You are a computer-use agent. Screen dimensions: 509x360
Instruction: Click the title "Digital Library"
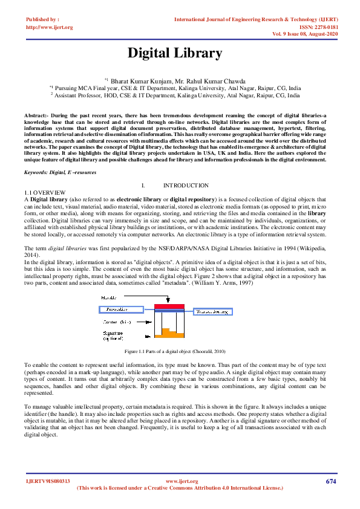tap(174, 53)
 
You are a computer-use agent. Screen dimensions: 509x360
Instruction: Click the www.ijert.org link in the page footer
tap(182, 481)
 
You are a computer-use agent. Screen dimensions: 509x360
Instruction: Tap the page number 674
tap(330, 481)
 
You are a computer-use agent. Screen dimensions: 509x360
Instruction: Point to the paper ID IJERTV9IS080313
tap(48, 481)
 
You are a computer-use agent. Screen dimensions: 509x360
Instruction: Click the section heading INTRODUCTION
tap(186, 185)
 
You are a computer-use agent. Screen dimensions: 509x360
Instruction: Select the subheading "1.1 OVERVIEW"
tap(41, 192)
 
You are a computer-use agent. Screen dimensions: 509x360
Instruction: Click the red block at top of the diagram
tap(169, 306)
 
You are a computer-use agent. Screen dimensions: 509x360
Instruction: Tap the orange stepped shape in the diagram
tap(169, 332)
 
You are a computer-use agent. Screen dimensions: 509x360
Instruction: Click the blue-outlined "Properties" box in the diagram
tap(121, 309)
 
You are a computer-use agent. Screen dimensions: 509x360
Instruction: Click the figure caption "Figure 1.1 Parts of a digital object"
tap(175, 351)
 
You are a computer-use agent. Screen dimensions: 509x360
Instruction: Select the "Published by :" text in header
tap(43, 20)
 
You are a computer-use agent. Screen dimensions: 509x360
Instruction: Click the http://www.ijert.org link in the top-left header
tap(49, 27)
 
